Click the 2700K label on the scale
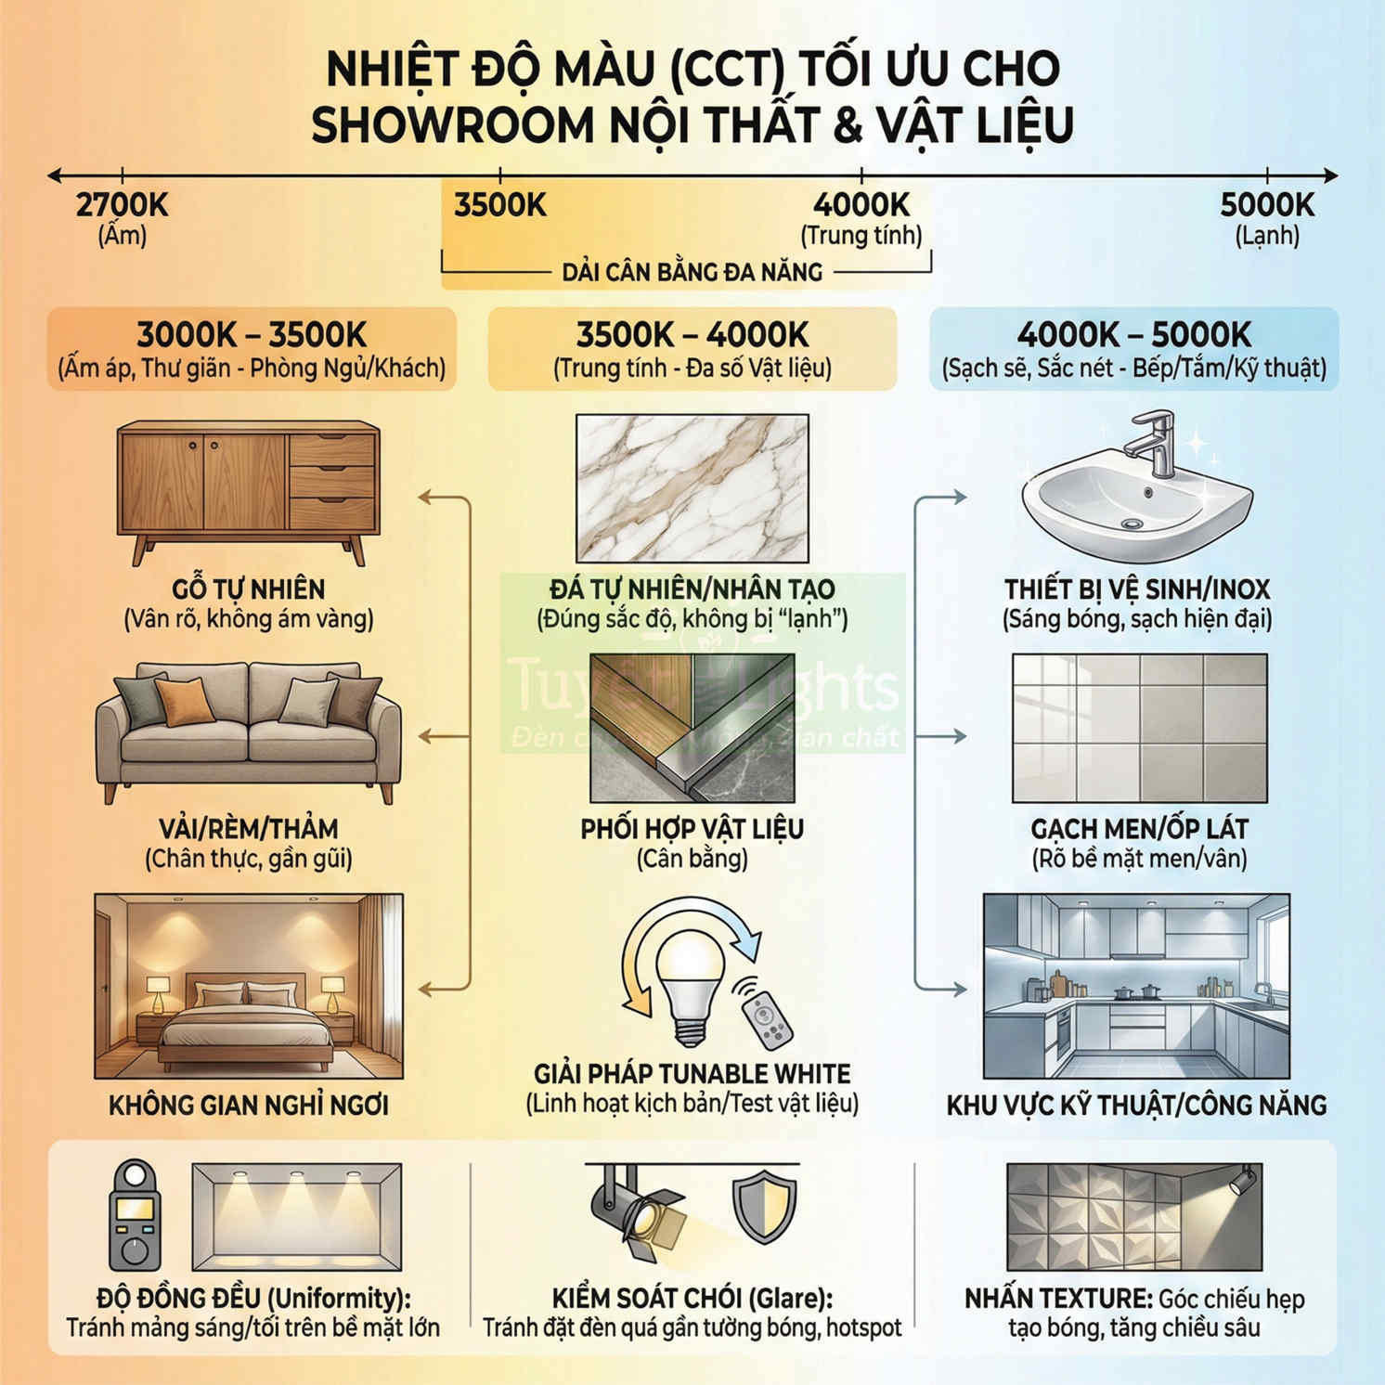pyautogui.click(x=123, y=205)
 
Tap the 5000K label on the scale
pyautogui.click(x=1267, y=205)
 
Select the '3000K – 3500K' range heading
pyautogui.click(x=252, y=335)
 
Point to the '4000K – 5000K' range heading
pyautogui.click(x=1134, y=335)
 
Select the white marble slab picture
pyautogui.click(x=692, y=488)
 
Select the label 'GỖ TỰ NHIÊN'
pyautogui.click(x=249, y=589)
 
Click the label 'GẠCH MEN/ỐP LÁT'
pyautogui.click(x=1139, y=829)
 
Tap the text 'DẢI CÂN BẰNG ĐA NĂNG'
pyautogui.click(x=692, y=272)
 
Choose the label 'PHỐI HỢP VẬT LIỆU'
pyautogui.click(x=692, y=829)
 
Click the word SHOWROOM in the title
pyautogui.click(x=452, y=125)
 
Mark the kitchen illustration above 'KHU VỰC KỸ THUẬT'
pyautogui.click(x=1136, y=986)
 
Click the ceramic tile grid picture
pyautogui.click(x=1139, y=729)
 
